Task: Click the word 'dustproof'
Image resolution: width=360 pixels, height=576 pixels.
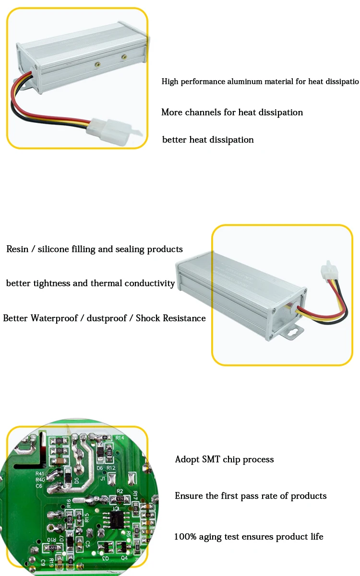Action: click(x=108, y=318)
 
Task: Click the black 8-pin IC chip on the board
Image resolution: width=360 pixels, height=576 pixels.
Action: click(x=116, y=517)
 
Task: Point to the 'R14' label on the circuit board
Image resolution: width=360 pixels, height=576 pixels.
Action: click(x=120, y=438)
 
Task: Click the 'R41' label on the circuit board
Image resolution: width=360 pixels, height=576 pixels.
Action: click(x=40, y=473)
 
